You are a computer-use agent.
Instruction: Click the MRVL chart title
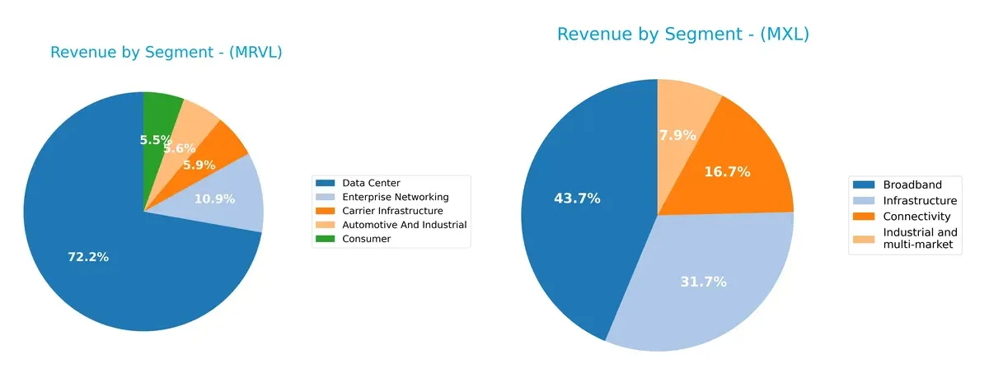(166, 53)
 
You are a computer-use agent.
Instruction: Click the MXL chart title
(682, 35)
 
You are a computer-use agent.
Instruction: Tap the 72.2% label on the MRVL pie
(87, 258)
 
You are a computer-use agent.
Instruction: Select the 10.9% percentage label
(214, 198)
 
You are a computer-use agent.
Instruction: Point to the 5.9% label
(199, 165)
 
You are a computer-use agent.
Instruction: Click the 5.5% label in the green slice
(156, 140)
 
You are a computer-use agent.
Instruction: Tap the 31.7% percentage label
(703, 282)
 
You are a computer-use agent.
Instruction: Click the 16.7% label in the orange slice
(727, 172)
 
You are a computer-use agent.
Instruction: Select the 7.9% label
(677, 135)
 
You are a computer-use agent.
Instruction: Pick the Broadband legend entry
(911, 184)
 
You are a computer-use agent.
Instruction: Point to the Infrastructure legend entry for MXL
(919, 200)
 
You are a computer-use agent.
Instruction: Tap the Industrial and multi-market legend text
(920, 239)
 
